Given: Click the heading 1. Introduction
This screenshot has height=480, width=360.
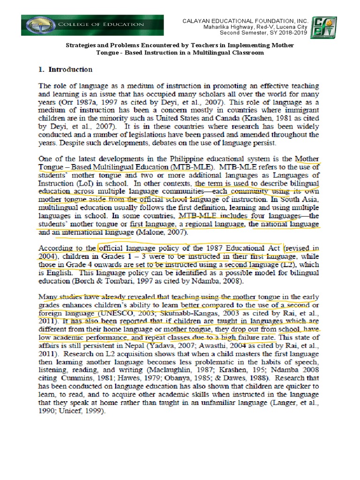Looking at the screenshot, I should [x=65, y=69].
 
